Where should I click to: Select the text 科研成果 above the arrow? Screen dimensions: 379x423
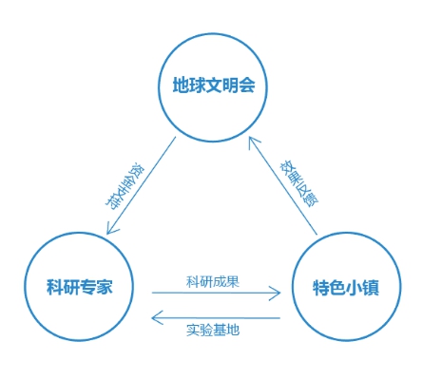[212, 280]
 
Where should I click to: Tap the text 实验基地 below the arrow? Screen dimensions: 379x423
[212, 331]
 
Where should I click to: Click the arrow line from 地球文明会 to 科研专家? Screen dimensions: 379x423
[143, 185]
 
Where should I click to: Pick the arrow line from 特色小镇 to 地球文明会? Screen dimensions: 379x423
[282, 185]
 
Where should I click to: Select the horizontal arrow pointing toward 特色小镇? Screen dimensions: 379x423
[217, 294]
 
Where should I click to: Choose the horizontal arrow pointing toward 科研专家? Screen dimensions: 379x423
[217, 317]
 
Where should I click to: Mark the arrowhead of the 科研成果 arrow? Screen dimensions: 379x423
[279, 294]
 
